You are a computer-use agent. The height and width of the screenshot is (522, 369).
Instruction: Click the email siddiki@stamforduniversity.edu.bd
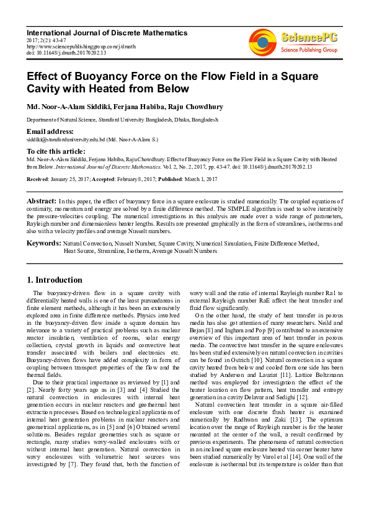65,140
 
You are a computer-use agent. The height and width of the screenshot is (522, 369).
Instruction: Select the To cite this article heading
56,151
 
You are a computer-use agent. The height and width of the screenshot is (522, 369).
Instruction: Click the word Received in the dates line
37,179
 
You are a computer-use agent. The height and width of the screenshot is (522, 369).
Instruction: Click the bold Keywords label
43,244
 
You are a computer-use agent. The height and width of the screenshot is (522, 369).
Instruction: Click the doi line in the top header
66,53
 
